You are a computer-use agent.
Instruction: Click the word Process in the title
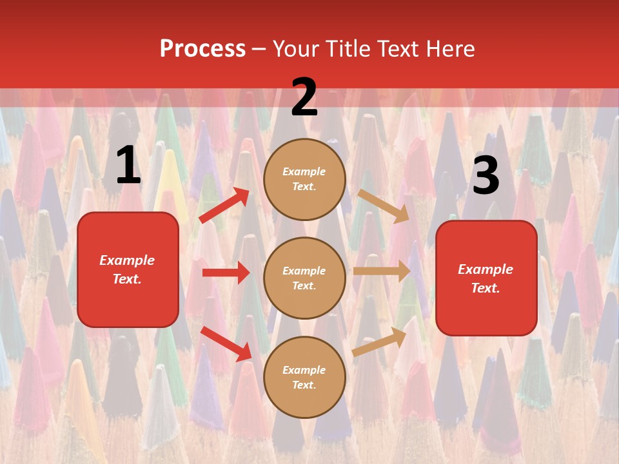click(x=202, y=49)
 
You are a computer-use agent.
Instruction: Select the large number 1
click(x=128, y=166)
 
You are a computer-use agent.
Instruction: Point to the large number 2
click(x=304, y=98)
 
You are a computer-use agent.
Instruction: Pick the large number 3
click(x=486, y=175)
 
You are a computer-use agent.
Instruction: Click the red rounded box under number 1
click(x=128, y=269)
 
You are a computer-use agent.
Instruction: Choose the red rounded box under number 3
click(x=486, y=278)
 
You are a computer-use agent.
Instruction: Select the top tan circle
click(x=304, y=179)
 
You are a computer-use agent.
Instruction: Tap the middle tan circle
click(x=304, y=278)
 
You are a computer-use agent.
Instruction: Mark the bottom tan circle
click(x=304, y=378)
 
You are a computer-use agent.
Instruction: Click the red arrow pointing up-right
click(x=224, y=206)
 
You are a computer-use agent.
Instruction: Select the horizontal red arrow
click(x=226, y=273)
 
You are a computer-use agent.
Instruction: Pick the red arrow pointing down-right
click(x=226, y=343)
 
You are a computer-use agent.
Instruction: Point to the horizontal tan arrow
click(x=382, y=271)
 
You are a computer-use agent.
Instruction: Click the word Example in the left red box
click(x=127, y=260)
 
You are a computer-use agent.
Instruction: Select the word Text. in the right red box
click(x=486, y=288)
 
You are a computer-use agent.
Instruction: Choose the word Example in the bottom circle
click(x=304, y=370)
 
